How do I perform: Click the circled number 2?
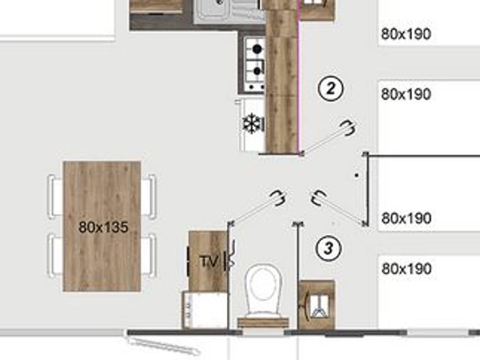point(331,89)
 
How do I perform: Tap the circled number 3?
point(329,248)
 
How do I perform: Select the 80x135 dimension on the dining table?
point(103,227)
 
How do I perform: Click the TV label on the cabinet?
point(210,261)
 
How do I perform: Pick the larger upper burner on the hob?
point(258,49)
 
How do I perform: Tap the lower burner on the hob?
point(258,71)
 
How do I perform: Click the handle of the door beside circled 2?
point(348,127)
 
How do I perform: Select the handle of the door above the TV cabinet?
point(278,198)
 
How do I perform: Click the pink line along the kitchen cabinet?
point(299,76)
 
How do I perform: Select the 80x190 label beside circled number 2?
point(406,94)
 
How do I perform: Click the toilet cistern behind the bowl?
point(263,323)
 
